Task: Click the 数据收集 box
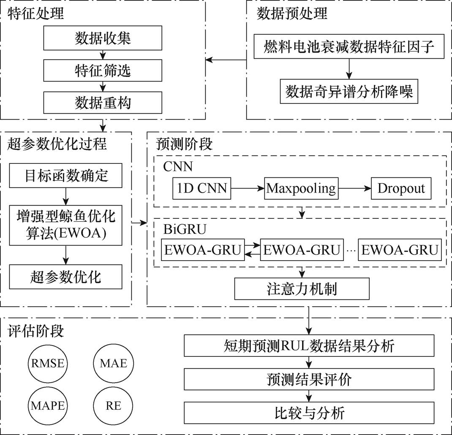(103, 38)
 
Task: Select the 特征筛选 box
(103, 70)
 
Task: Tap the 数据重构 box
(103, 103)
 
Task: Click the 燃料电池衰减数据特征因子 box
(349, 47)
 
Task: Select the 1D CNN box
(202, 188)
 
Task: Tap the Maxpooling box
(301, 188)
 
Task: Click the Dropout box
(401, 188)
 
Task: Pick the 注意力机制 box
(302, 289)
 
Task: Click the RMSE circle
(48, 363)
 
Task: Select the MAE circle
(113, 363)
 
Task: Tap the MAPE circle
(48, 405)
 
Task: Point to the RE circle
(113, 405)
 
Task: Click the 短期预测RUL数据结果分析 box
(309, 346)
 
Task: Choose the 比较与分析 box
(309, 412)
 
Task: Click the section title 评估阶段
(35, 330)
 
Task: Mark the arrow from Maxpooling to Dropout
(354, 188)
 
